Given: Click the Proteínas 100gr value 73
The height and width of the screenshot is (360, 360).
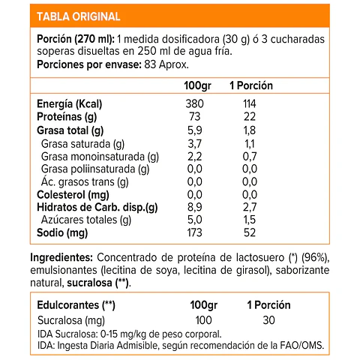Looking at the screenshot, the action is (x=193, y=117).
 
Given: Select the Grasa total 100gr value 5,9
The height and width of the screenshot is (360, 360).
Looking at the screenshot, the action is (x=193, y=130).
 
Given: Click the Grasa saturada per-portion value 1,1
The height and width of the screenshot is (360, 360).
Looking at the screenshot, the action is (x=250, y=143).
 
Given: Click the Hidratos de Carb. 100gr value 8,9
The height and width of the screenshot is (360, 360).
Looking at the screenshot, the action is (x=193, y=207).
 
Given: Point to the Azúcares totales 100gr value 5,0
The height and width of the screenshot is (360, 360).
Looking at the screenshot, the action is (x=193, y=220).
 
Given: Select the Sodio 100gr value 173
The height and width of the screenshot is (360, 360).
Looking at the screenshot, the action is (x=193, y=233).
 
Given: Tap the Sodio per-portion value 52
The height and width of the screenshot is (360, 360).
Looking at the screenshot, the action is (x=250, y=233).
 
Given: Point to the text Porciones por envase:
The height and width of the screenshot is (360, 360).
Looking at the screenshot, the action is (x=81, y=65).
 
